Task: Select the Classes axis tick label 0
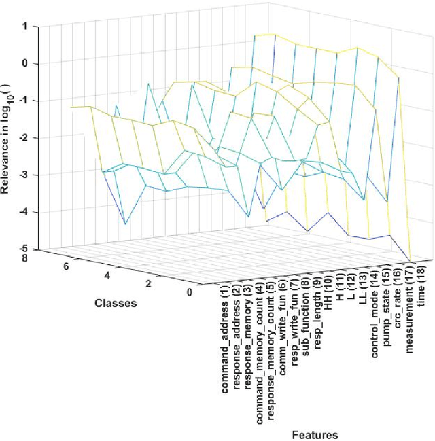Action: click(188, 293)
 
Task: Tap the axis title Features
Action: click(315, 434)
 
